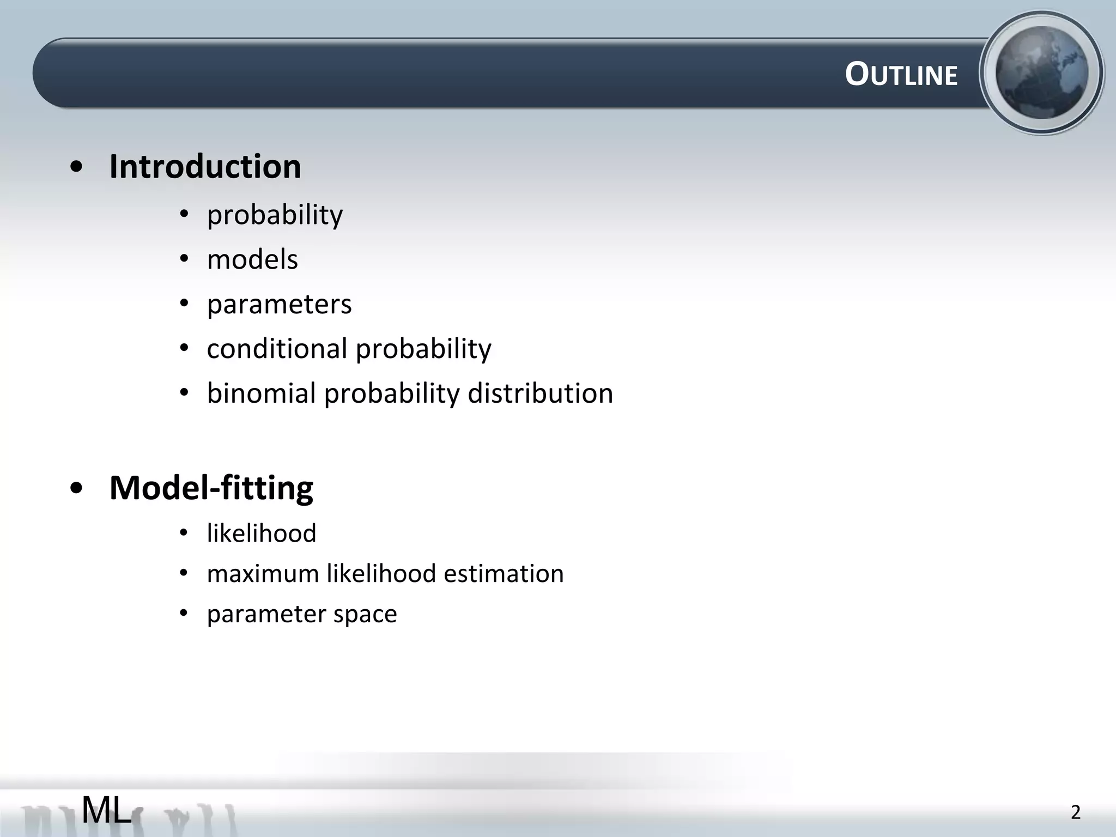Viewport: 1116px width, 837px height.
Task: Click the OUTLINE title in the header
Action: pos(901,75)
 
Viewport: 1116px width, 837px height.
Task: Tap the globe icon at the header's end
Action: pos(1041,73)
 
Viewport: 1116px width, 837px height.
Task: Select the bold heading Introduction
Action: pos(205,166)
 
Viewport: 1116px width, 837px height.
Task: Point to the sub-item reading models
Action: pos(252,259)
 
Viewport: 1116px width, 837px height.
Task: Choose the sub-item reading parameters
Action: pos(279,304)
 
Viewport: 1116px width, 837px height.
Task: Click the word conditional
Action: pos(277,348)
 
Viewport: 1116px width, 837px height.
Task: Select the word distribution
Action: pos(540,393)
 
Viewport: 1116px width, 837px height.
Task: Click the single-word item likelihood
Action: pos(262,533)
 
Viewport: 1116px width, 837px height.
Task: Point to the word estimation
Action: pos(504,573)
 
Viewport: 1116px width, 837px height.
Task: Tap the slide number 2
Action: pos(1075,812)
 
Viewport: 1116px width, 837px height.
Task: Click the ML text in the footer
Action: pos(106,810)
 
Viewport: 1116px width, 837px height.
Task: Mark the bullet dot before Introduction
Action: pos(77,168)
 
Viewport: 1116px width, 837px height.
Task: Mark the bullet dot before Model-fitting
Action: pos(77,489)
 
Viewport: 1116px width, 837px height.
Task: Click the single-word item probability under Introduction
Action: pos(275,215)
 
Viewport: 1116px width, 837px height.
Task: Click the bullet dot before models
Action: pos(184,259)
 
